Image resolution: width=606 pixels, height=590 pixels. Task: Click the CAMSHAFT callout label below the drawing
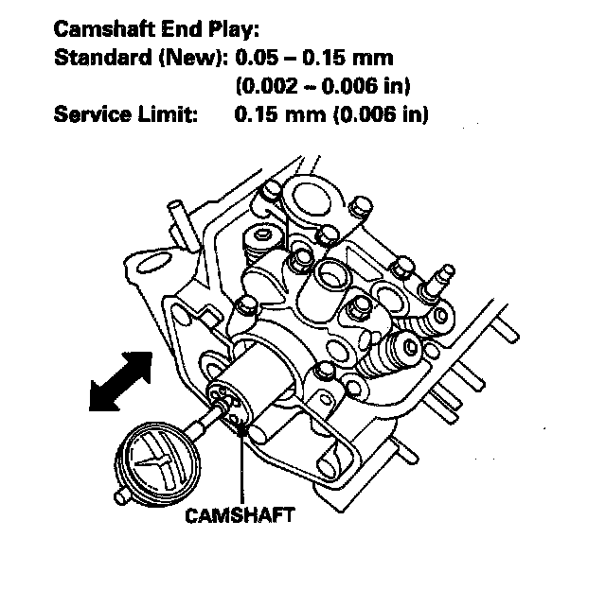[240, 515]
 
